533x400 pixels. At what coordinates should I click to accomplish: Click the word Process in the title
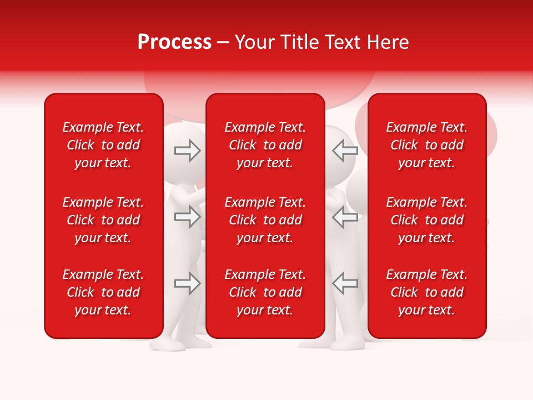click(174, 42)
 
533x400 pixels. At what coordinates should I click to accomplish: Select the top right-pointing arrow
click(187, 150)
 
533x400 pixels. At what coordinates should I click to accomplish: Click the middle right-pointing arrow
click(187, 217)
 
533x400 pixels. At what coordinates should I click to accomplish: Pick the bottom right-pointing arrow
click(187, 283)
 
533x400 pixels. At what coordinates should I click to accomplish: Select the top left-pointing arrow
click(345, 150)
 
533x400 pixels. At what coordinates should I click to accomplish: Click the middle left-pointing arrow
click(345, 217)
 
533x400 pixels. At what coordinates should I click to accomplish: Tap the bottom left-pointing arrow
click(345, 283)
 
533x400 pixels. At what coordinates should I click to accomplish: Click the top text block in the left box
click(103, 145)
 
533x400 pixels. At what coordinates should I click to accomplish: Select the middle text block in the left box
click(103, 220)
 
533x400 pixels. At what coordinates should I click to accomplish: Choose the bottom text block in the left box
click(103, 292)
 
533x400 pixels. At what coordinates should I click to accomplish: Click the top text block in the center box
click(265, 145)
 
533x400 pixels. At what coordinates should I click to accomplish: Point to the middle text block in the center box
click(265, 220)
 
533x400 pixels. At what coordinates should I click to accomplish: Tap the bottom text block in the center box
click(265, 292)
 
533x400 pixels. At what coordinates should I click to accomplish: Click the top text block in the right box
click(427, 145)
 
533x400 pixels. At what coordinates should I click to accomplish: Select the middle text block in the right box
click(427, 220)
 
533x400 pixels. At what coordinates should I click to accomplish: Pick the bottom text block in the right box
click(427, 292)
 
